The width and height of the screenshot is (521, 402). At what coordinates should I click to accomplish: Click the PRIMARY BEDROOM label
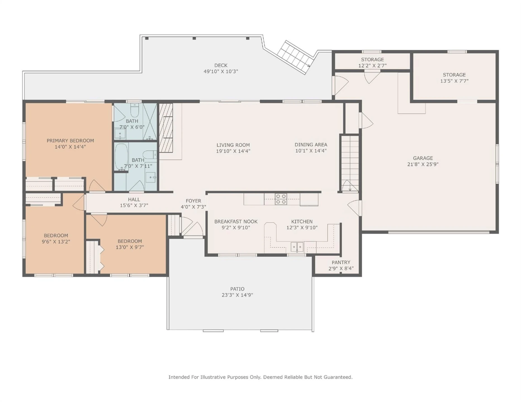pyautogui.click(x=70, y=140)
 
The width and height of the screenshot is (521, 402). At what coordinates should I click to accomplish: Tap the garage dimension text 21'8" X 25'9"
pyautogui.click(x=423, y=164)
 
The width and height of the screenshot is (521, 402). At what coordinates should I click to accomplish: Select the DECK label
pyautogui.click(x=221, y=65)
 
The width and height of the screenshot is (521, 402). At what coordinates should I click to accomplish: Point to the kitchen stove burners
pyautogui.click(x=281, y=199)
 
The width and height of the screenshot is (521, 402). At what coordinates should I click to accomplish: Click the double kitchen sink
pyautogui.click(x=297, y=247)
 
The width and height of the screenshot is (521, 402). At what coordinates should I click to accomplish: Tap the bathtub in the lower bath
pyautogui.click(x=121, y=157)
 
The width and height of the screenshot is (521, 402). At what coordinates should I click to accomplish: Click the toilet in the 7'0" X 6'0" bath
pyautogui.click(x=135, y=111)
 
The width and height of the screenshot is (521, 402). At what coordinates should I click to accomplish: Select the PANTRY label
pyautogui.click(x=341, y=262)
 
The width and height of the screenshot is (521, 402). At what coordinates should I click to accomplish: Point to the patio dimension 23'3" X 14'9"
pyautogui.click(x=237, y=295)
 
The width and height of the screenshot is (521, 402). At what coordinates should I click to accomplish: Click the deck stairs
pyautogui.click(x=294, y=57)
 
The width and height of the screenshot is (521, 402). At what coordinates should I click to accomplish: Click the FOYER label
pyautogui.click(x=193, y=201)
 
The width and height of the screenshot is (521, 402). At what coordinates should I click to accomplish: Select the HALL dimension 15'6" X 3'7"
pyautogui.click(x=134, y=205)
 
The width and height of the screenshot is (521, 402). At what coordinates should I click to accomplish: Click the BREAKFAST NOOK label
pyautogui.click(x=236, y=221)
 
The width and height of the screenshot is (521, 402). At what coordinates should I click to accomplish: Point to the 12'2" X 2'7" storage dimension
pyautogui.click(x=372, y=66)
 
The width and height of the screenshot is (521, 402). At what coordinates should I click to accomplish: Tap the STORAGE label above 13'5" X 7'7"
pyautogui.click(x=454, y=75)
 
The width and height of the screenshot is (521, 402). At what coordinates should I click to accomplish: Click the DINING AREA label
pyautogui.click(x=311, y=145)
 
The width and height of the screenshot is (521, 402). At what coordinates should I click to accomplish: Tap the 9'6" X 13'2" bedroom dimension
pyautogui.click(x=56, y=241)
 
